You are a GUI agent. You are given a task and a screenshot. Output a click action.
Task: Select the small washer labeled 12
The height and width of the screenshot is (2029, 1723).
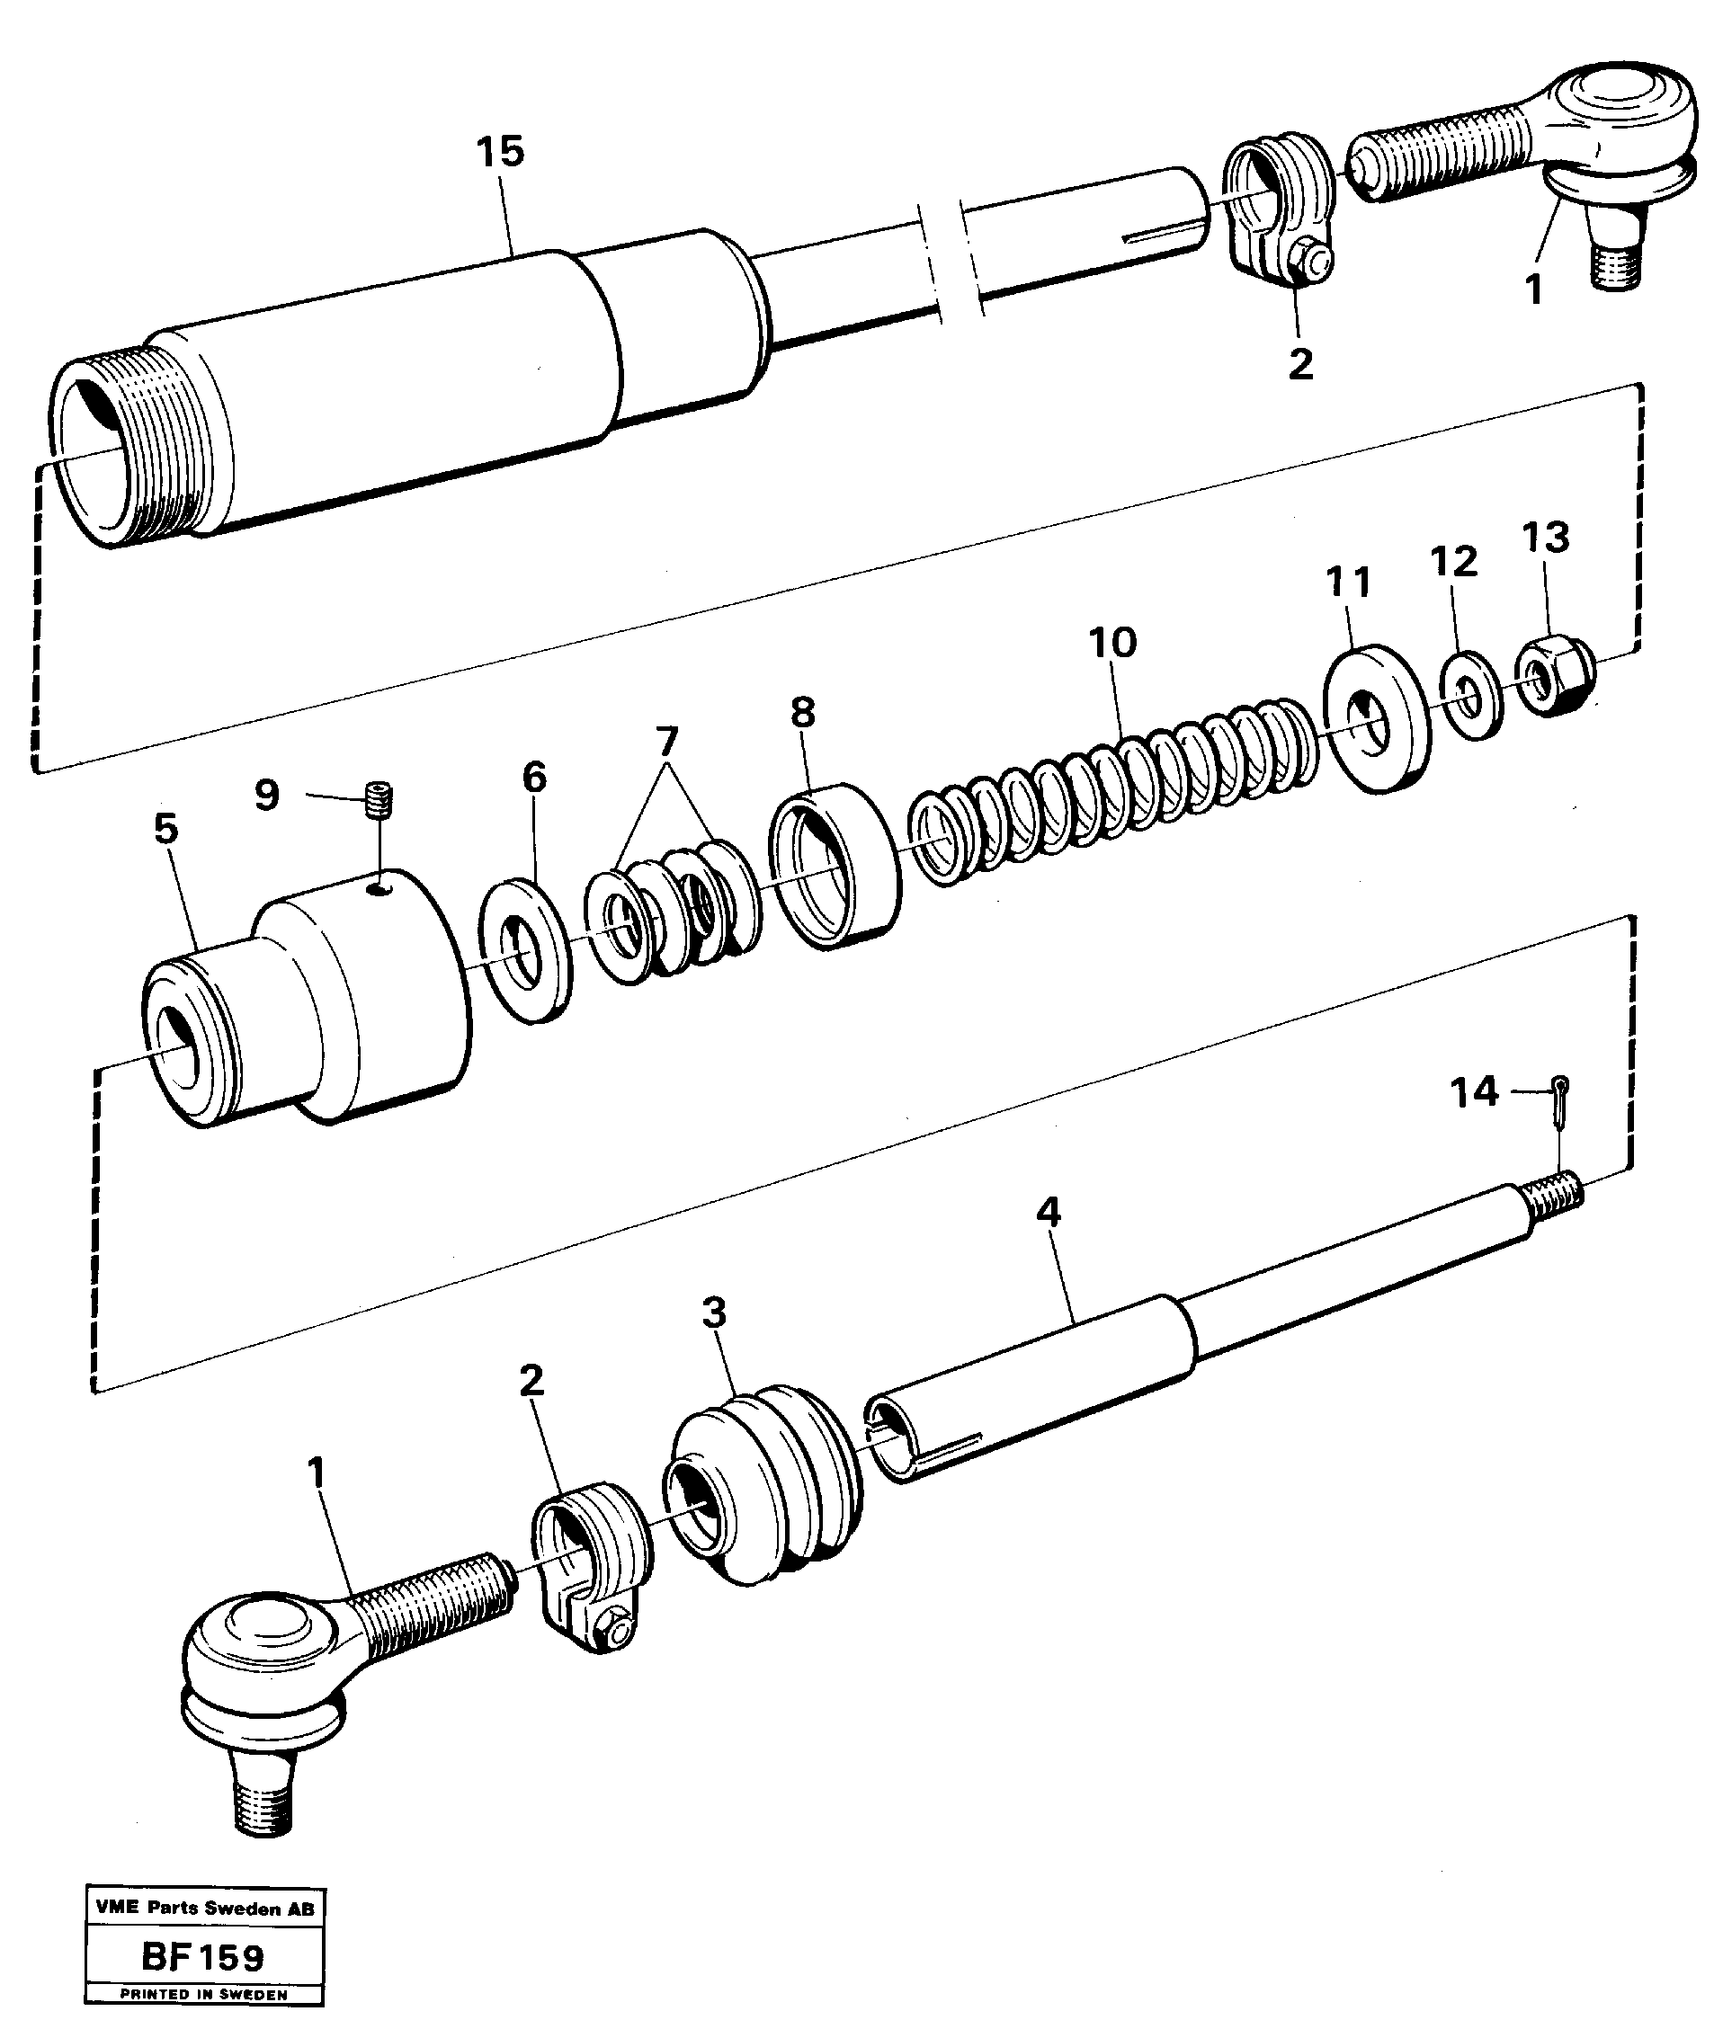(x=1469, y=700)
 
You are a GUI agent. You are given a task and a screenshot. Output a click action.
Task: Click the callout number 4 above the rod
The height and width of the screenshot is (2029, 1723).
(x=1048, y=1214)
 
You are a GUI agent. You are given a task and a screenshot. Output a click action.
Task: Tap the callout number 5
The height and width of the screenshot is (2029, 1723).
(x=166, y=829)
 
